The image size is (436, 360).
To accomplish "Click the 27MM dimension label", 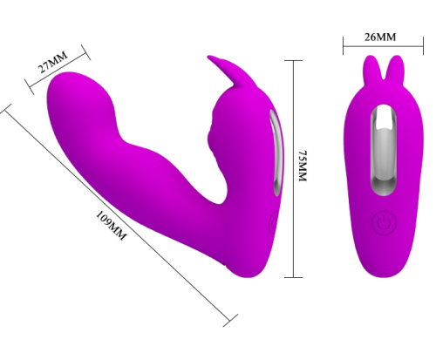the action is [53, 62].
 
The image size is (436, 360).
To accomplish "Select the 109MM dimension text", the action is [112, 226].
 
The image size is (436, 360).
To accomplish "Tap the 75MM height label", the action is [303, 166].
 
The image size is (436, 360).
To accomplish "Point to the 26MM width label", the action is [380, 37].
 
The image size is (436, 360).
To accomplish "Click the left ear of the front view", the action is [371, 68].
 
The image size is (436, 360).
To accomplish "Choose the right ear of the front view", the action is [397, 68].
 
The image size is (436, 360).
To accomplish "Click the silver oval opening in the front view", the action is [384, 150].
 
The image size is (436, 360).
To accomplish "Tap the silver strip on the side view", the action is [276, 151].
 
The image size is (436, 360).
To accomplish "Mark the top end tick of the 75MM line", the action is [293, 60].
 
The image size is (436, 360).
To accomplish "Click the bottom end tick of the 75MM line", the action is [293, 277].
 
